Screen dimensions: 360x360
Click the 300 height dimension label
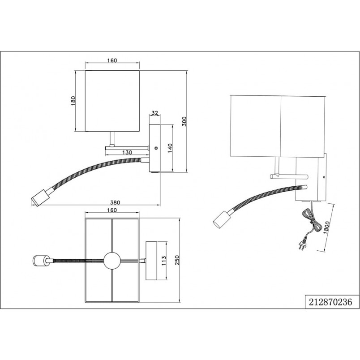tap(184, 121)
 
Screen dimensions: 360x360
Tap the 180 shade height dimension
tap(73, 101)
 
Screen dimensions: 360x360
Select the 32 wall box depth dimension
tap(155, 113)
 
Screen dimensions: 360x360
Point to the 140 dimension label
tap(170, 148)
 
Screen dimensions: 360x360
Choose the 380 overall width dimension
tap(115, 202)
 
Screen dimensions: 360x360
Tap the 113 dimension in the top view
tap(164, 261)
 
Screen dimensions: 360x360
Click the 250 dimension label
tap(177, 260)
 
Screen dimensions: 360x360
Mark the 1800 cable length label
tap(326, 227)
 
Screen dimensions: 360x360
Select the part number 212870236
tap(330, 302)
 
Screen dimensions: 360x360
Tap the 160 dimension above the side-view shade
tap(112, 60)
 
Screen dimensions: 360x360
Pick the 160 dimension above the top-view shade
tap(112, 210)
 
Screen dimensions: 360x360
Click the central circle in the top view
tap(112, 260)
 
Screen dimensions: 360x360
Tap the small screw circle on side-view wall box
tap(156, 148)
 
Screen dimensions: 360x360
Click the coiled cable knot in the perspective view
tap(313, 221)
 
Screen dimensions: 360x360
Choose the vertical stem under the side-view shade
tap(112, 139)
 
